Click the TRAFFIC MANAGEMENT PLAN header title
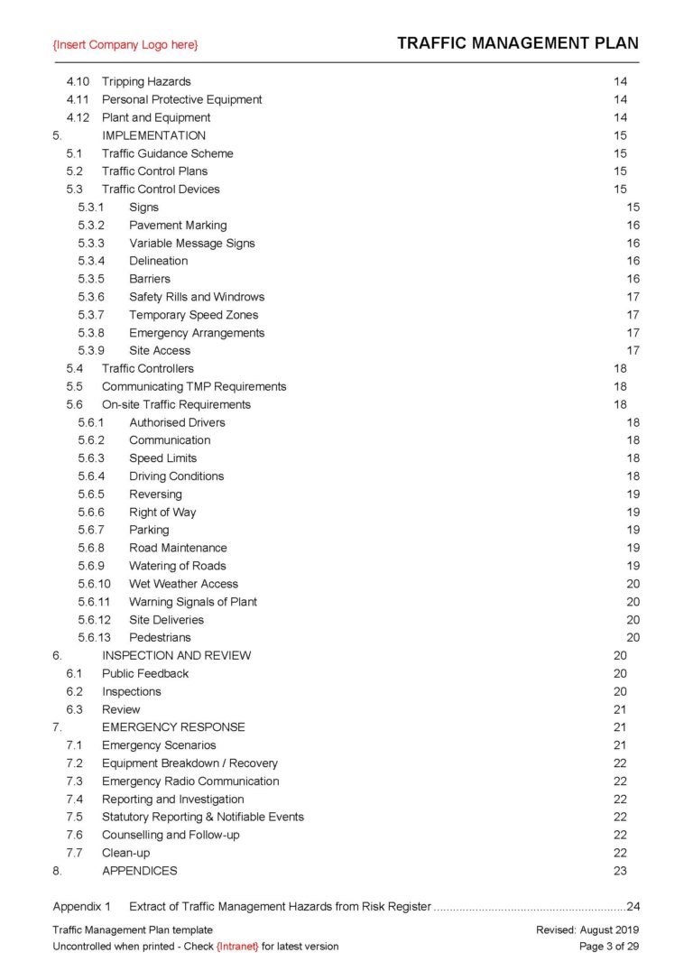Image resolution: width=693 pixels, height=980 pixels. point(517,42)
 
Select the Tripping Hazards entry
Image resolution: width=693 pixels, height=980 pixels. point(146,81)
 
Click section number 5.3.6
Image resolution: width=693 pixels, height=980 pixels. point(91,297)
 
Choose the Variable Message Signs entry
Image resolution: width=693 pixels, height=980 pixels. point(191,243)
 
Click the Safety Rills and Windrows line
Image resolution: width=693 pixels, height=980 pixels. point(197,297)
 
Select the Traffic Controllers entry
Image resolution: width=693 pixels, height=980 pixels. point(147,368)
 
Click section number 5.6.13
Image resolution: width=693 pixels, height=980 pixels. point(94,637)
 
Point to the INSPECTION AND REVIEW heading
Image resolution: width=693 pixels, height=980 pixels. point(176,655)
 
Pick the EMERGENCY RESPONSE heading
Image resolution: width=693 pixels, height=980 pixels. point(173,726)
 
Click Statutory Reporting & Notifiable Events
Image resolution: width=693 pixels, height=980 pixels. point(202,817)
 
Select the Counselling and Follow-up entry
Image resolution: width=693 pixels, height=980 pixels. point(171,835)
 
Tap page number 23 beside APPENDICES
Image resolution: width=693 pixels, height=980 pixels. point(620,871)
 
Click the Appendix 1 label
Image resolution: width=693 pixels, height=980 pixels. point(81,906)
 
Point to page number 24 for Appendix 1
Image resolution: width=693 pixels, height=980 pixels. point(633,906)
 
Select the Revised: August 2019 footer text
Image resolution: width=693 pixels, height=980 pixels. point(587,929)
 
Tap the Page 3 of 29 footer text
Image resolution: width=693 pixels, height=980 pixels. point(608,947)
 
